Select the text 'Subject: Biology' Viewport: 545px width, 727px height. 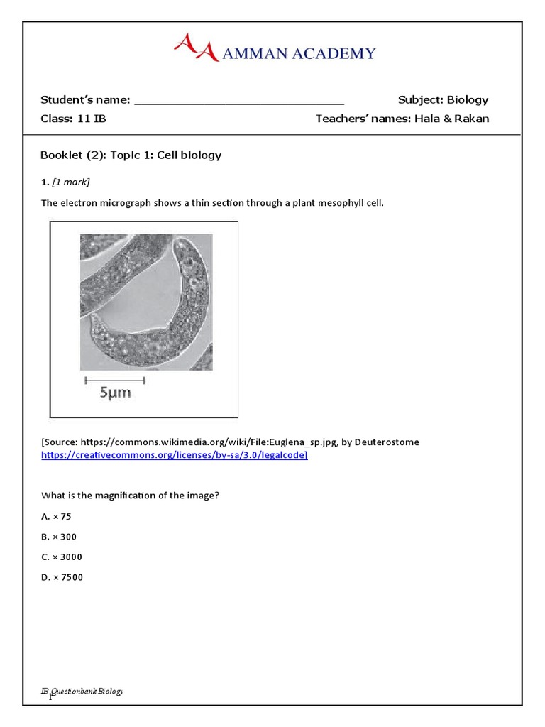[x=443, y=99]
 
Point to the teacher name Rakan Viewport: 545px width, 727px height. [x=471, y=119]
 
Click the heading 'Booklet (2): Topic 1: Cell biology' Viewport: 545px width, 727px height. [x=131, y=155]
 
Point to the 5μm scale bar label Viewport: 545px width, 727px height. [x=114, y=392]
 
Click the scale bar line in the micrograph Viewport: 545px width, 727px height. [x=114, y=380]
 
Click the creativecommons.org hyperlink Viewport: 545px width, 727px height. [x=174, y=455]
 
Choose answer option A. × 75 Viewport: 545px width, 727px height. [x=56, y=516]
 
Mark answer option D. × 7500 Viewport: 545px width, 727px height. [x=62, y=577]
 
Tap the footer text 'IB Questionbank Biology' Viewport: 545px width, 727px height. [x=82, y=691]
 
